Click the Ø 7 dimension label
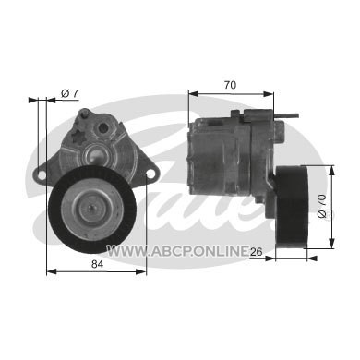pos(70,93)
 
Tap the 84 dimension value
pos(97,264)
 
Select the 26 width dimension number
pos(256,252)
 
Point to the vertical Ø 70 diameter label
pos(322,206)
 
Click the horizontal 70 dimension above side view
pos(230,85)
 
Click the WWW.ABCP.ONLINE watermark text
pos(177,251)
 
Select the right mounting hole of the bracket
pos(150,174)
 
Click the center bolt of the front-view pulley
pos(92,208)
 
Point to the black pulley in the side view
pos(292,207)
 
